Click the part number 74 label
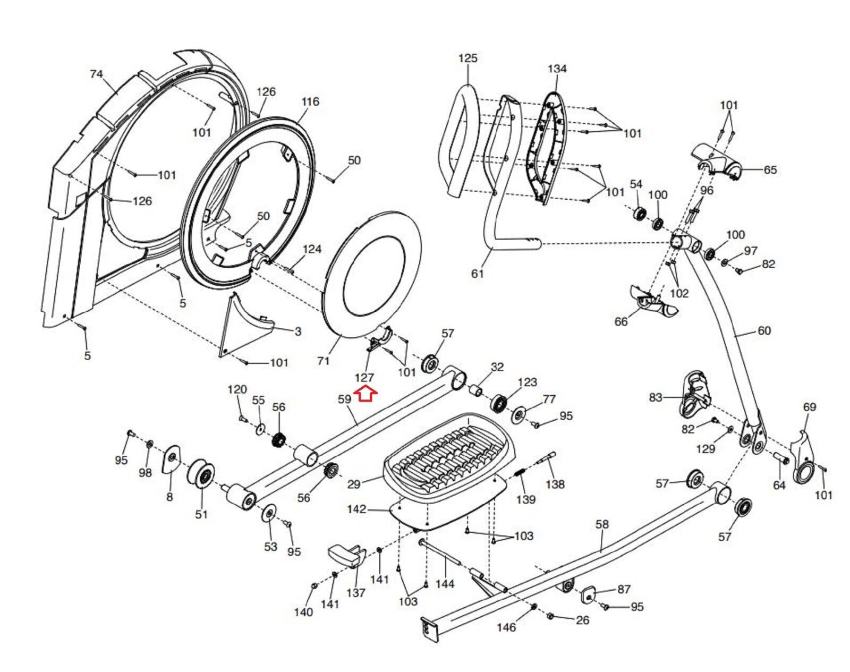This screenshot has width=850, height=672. tap(96, 74)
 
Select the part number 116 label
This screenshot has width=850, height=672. tap(310, 101)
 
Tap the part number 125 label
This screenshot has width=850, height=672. tap(467, 58)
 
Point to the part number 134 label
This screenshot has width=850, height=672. tap(557, 69)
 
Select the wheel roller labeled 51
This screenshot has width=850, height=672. tap(201, 475)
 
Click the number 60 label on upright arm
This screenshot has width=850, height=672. tap(764, 331)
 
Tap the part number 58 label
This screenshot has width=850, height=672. tap(602, 524)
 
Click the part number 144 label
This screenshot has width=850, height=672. tap(445, 584)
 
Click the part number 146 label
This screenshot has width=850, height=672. tap(506, 627)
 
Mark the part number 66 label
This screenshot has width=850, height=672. tap(620, 321)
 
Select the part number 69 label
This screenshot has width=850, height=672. tap(809, 407)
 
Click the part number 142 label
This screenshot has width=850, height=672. tap(356, 509)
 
